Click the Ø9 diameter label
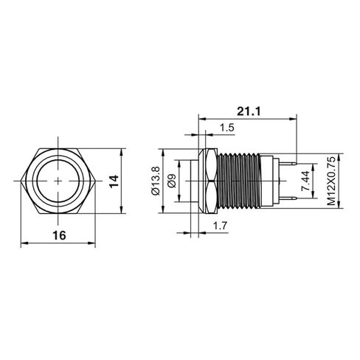[171, 181]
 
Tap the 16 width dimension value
[59, 235]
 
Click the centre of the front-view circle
[59, 180]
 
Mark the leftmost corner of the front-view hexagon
[23, 180]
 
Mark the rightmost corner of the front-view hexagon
[95, 180]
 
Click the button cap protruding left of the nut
[196, 180]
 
